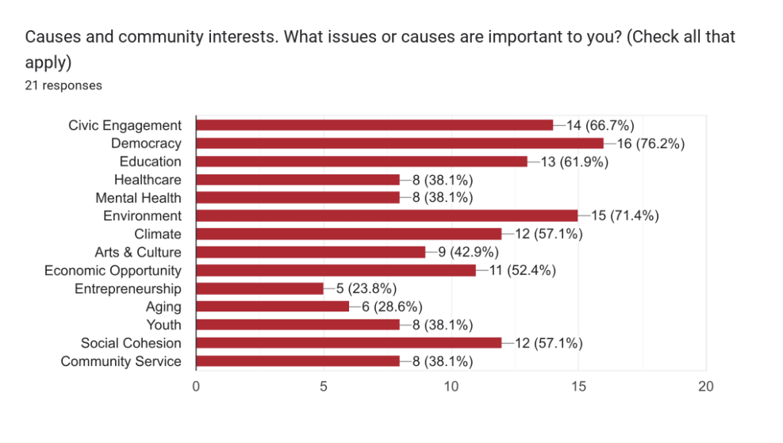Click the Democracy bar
(400, 143)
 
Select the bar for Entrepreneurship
(259, 288)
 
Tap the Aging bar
(273, 307)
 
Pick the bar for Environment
(387, 216)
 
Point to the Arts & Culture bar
(311, 252)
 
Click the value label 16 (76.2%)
(651, 143)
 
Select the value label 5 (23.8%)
(366, 288)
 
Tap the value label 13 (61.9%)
(574, 162)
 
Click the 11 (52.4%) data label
(522, 270)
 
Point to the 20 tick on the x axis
(705, 386)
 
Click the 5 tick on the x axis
(324, 386)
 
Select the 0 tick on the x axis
(196, 386)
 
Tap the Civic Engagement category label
(125, 125)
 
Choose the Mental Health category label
(138, 198)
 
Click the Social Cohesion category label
(131, 343)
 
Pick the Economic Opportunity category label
(113, 270)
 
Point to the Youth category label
(163, 325)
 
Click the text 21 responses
(63, 86)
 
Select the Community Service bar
(297, 361)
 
